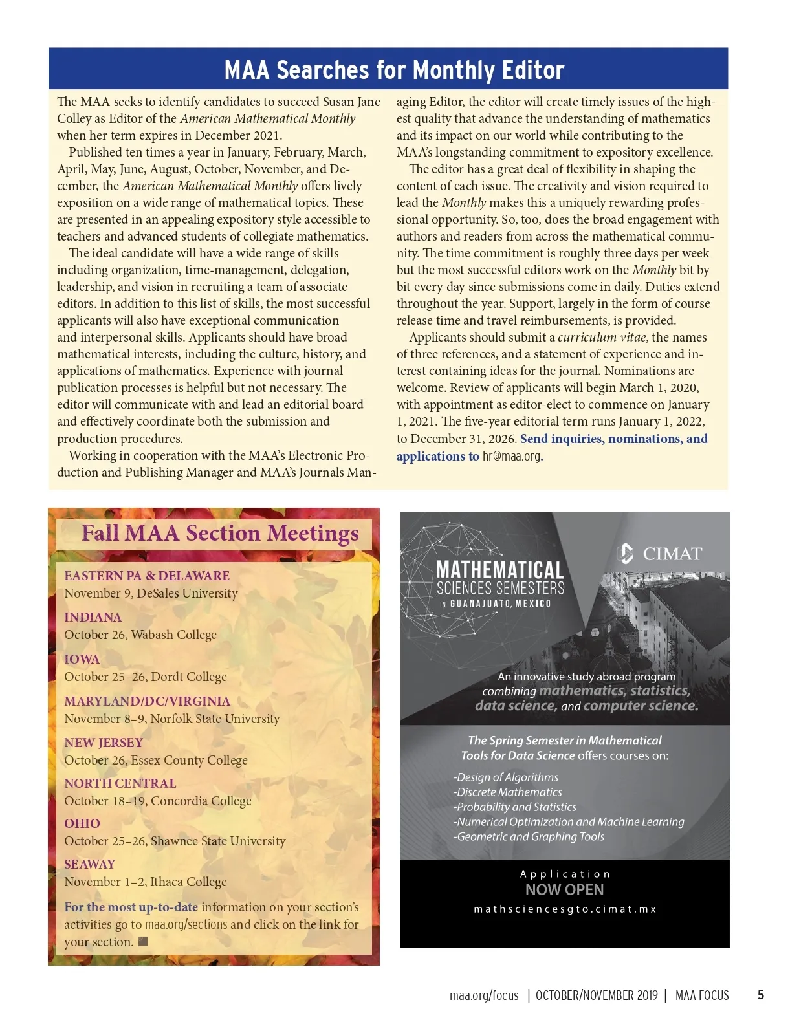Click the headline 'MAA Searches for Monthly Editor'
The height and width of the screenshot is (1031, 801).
point(394,70)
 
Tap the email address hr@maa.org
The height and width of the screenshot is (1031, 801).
point(511,456)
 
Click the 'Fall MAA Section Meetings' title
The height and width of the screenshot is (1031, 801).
point(220,533)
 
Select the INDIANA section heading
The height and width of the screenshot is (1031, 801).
point(93,617)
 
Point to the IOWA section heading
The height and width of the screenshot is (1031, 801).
point(82,659)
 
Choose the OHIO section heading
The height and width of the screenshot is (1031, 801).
point(82,823)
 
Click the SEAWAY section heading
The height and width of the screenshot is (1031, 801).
point(89,864)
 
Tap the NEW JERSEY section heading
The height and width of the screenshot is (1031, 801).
point(103,743)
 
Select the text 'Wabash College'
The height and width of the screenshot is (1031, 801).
point(173,635)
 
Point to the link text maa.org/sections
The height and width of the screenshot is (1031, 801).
point(186,924)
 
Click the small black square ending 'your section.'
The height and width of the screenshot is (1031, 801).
point(143,941)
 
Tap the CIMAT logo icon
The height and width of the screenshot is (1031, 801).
point(625,554)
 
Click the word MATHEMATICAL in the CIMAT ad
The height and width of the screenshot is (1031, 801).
point(499,570)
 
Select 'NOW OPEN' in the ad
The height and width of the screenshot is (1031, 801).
point(564,890)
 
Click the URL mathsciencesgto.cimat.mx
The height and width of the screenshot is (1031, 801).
point(565,909)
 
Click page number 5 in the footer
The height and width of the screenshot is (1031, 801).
point(761,995)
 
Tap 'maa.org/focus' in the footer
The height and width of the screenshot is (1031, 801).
point(484,995)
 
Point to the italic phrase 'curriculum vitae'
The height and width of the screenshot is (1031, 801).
point(602,337)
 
